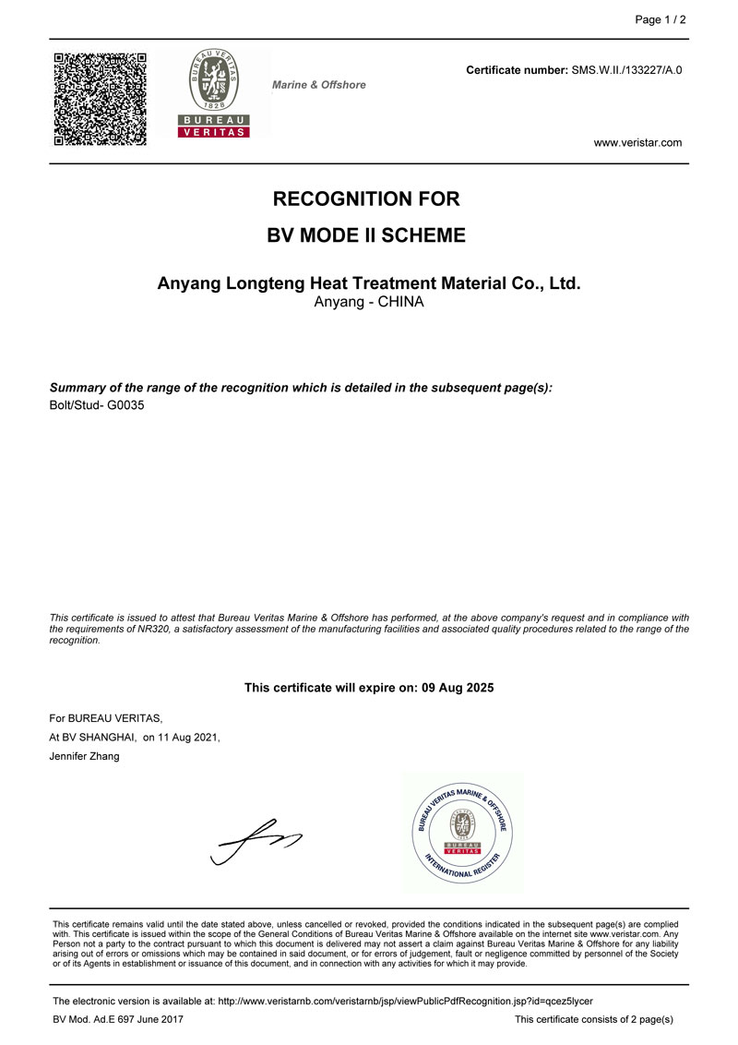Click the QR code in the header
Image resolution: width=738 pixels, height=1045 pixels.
click(100, 99)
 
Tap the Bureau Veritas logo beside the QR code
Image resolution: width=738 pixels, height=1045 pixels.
click(213, 93)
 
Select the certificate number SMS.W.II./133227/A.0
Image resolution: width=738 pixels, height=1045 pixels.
click(626, 70)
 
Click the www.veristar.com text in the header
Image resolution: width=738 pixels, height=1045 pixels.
click(637, 142)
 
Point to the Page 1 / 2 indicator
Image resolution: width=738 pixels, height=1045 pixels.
click(661, 20)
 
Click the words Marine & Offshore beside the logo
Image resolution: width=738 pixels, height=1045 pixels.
click(319, 85)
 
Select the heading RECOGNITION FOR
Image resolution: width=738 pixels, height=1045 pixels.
click(366, 198)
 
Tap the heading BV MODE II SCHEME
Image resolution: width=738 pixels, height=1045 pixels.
click(366, 235)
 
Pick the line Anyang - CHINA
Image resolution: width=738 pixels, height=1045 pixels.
click(369, 303)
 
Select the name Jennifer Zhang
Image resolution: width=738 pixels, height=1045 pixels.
click(84, 757)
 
